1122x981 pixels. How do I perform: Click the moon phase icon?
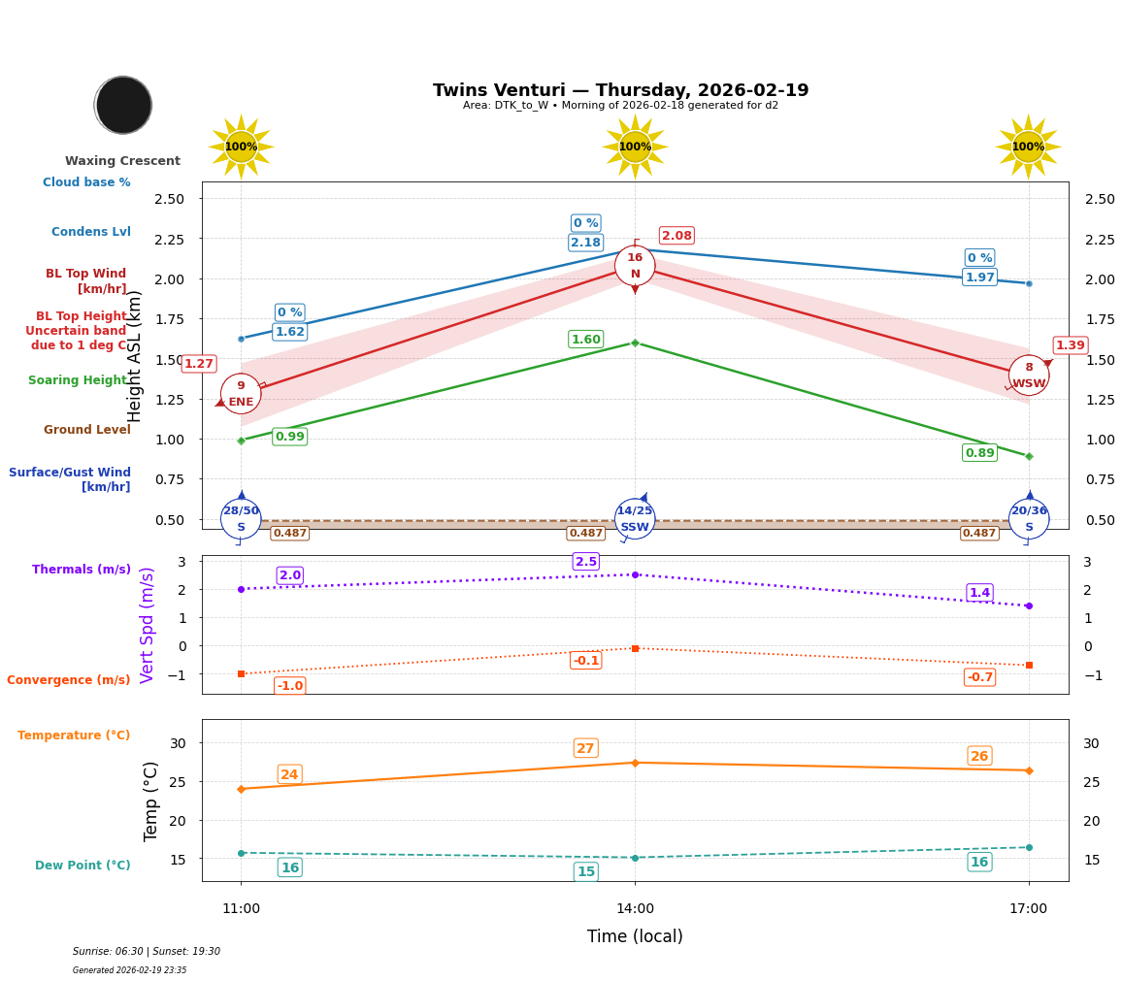coord(123,105)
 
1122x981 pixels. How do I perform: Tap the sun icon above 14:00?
coord(635,147)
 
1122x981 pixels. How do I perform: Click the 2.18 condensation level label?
coord(585,243)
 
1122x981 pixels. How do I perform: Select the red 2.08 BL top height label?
coord(676,236)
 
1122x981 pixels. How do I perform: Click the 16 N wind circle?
coord(635,266)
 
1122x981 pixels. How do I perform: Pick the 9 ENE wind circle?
coord(241,394)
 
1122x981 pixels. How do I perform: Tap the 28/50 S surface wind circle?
coord(241,519)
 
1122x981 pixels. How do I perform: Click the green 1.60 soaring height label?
coord(585,340)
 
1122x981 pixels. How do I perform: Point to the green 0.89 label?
coord(979,453)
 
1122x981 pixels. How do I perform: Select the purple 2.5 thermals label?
coord(585,562)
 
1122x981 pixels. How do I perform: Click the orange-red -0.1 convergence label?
coord(585,661)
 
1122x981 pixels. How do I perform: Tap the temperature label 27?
coord(585,748)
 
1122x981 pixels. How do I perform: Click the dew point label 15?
coord(585,872)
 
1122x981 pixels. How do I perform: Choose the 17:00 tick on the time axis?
coord(1028,909)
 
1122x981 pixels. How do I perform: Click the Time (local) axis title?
coord(635,936)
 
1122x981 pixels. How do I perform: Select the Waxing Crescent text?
coord(122,161)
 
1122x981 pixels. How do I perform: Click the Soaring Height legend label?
coord(79,380)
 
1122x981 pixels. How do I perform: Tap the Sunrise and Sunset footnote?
coord(147,952)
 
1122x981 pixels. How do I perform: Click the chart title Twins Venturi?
coord(620,90)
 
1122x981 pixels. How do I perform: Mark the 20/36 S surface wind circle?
coord(1029,519)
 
